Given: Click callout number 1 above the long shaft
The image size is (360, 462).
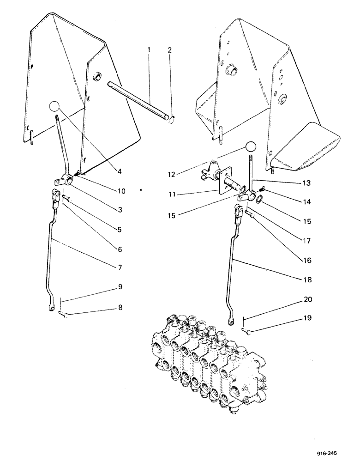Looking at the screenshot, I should tap(149, 49).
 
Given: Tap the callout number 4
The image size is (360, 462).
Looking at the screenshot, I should tap(119, 171).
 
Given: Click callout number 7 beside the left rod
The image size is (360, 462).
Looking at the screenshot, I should tap(119, 267).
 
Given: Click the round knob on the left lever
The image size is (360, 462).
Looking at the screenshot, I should tap(54, 107).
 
